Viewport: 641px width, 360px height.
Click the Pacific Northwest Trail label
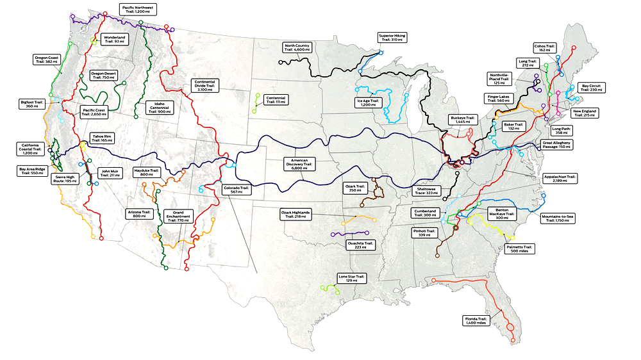[140, 10]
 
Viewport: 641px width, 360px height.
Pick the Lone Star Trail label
[351, 279]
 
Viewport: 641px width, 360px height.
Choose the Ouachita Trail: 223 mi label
[360, 245]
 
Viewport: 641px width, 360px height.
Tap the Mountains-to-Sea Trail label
[557, 219]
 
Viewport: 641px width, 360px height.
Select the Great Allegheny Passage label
[556, 145]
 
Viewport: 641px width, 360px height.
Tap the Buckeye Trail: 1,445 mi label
[462, 120]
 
